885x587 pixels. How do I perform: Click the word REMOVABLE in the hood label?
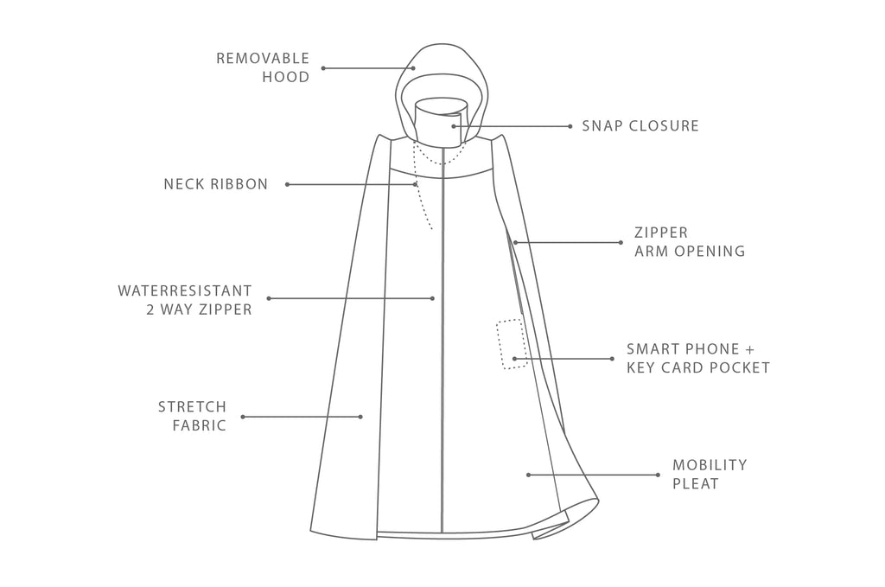263,58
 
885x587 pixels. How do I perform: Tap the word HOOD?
285,77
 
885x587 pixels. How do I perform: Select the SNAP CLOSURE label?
640,126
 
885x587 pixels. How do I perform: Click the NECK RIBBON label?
215,184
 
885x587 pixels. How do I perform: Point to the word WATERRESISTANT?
185,290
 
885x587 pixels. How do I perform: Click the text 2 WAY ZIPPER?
200,309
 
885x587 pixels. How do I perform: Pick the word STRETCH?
192,406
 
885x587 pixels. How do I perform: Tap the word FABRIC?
200,425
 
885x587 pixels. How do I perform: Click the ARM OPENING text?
690,251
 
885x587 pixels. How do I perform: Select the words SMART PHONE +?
691,348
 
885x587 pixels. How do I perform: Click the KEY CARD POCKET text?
698,367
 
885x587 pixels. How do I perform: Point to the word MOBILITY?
710,465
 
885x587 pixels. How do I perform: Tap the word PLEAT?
696,484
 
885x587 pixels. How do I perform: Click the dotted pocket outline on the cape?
498,344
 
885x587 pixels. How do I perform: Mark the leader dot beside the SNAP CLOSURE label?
570,126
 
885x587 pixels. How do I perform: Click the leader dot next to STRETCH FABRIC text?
243,417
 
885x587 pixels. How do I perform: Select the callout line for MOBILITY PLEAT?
593,475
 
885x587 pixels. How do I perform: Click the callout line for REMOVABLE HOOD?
368,68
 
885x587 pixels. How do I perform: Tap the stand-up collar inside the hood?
441,121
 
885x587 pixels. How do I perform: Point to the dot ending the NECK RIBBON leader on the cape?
416,184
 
